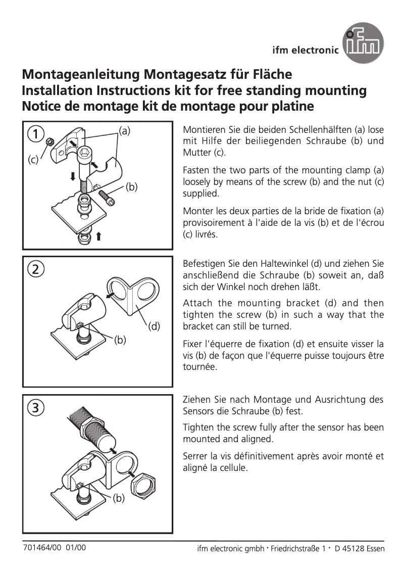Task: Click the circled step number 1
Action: pyautogui.click(x=35, y=134)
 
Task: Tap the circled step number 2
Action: pyautogui.click(x=35, y=268)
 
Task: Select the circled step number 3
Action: pyautogui.click(x=35, y=407)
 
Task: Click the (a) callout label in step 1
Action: pyautogui.click(x=124, y=130)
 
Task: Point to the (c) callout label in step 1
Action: pyautogui.click(x=33, y=160)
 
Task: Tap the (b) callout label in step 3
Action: pyautogui.click(x=118, y=499)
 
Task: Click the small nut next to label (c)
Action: pyautogui.click(x=50, y=142)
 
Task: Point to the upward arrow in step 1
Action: pyautogui.click(x=99, y=236)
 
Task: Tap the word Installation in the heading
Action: pyautogui.click(x=58, y=91)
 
